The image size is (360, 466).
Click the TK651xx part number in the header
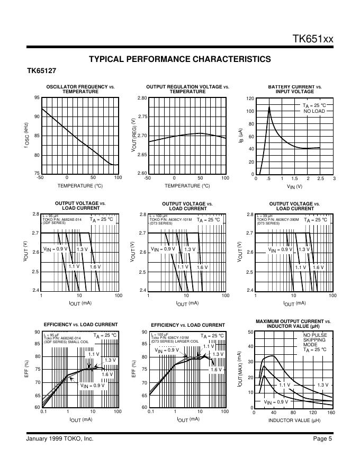[x=313, y=39]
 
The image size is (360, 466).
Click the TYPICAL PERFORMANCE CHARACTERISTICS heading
[x=179, y=59]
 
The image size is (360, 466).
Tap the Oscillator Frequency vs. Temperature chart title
[x=80, y=89]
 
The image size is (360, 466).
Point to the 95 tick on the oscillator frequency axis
[x=37, y=98]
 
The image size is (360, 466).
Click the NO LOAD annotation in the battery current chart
[x=314, y=112]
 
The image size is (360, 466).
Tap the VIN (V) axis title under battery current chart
[x=294, y=186]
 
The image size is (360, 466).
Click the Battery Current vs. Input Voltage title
[x=294, y=89]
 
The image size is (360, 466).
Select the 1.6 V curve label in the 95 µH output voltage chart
[x=95, y=267]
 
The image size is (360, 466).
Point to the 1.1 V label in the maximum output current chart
[x=285, y=385]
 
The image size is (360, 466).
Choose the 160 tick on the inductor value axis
[x=331, y=412]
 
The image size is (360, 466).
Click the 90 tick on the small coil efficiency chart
[x=37, y=332]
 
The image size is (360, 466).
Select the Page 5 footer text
[x=322, y=438]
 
